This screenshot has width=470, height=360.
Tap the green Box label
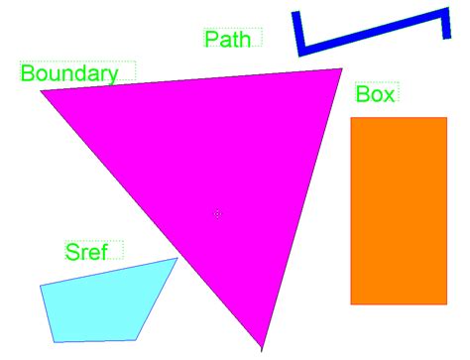[375, 94]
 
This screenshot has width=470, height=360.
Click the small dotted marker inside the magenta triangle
[218, 213]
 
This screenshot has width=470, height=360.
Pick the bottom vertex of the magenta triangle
[262, 348]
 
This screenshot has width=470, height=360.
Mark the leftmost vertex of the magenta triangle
[42, 91]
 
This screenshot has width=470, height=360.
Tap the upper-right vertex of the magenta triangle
[342, 69]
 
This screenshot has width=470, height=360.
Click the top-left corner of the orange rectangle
[351, 118]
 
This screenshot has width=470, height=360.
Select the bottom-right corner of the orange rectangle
[447, 303]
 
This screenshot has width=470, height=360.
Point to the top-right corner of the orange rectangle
[447, 118]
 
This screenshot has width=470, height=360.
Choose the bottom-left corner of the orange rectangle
[351, 303]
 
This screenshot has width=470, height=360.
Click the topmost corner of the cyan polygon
[177, 258]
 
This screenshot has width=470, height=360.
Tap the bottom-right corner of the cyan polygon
[136, 340]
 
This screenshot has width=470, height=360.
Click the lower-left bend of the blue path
[300, 50]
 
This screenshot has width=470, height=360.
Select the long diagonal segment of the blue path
[372, 31]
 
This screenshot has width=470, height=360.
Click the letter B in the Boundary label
[27, 73]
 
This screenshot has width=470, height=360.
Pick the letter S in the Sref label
[71, 252]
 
